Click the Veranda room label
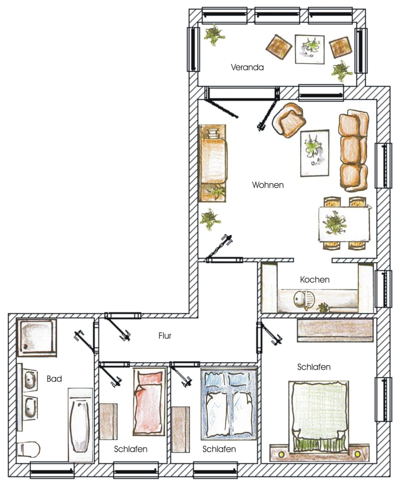pos(247,67)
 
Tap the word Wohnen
pos(268,185)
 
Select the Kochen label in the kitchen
pos(315,279)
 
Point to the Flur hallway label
pos(165,335)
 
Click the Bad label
pos(54,379)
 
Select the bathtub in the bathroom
pos(80,424)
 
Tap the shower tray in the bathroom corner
pos(36,337)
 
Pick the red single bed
pos(147,402)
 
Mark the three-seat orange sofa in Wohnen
pos(353,150)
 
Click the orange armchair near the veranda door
pos(289,120)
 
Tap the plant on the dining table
pos(335,223)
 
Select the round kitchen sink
pos(301,299)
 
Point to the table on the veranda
pos(310,49)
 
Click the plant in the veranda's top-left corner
pos(214,35)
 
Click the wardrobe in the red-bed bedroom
pos(108,421)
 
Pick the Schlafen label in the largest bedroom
pos(314,367)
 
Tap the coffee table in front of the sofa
pos(314,153)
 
